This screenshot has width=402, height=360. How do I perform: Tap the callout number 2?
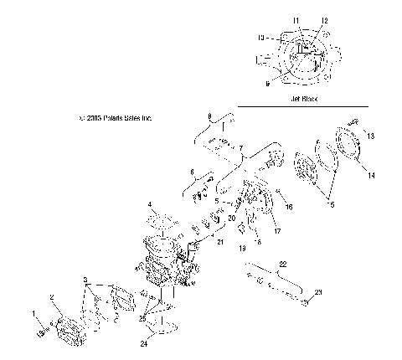[x=51, y=297]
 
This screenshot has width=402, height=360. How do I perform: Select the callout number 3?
[x=85, y=278]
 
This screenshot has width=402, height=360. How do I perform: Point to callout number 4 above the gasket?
[x=150, y=203]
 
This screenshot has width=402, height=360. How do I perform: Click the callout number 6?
[x=192, y=172]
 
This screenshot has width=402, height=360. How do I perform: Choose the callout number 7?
[x=240, y=147]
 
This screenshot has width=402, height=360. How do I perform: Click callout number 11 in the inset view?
[x=294, y=18]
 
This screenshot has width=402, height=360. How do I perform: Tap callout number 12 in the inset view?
[x=324, y=19]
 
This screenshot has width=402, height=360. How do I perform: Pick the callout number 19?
[x=242, y=249]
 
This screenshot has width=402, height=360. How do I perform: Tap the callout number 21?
[x=220, y=241]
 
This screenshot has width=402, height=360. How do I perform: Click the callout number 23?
[x=318, y=292]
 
